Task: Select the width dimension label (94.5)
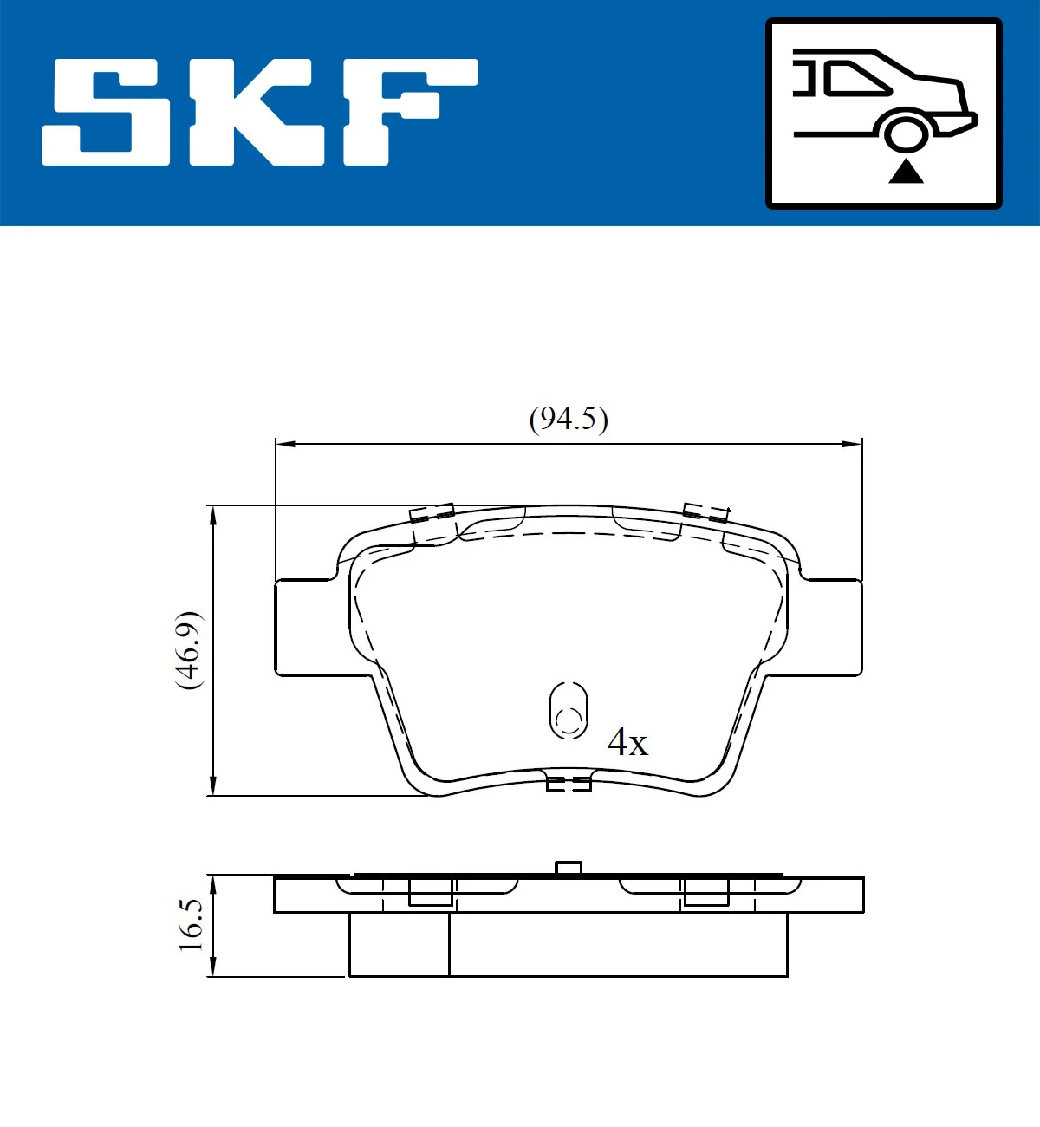569,419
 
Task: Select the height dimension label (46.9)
189,650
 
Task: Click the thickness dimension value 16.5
191,925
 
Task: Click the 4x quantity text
627,742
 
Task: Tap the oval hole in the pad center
569,711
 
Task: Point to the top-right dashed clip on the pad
705,512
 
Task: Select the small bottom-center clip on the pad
569,784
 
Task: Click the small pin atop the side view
568,869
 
